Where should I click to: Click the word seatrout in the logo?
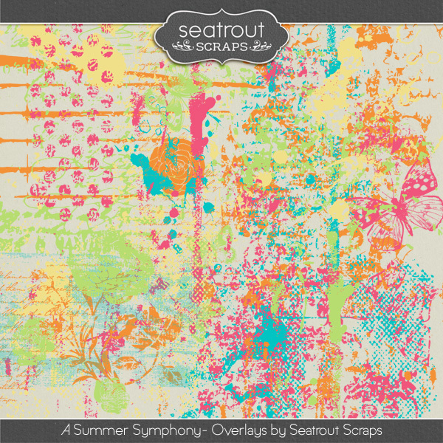click(x=221, y=30)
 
